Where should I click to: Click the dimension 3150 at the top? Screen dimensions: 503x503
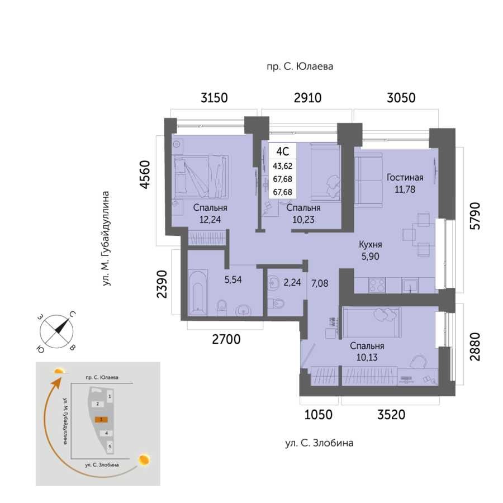214,97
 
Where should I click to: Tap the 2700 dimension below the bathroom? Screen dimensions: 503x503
226,339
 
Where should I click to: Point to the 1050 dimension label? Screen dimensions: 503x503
318,415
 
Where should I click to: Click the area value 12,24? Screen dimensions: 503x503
210,220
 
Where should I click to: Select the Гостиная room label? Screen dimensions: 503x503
405,177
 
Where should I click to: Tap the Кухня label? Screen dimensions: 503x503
370,244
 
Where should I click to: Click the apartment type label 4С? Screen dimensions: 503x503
283,151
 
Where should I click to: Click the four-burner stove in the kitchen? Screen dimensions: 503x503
377,285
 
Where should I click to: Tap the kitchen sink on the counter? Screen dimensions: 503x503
410,285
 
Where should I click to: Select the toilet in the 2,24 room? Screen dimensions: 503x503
276,303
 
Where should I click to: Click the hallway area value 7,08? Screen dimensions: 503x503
320,283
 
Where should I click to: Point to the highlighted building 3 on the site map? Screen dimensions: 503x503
101,419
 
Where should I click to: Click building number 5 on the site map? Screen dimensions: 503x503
110,446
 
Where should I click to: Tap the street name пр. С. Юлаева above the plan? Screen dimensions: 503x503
300,67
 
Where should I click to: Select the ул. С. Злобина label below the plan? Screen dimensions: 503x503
319,443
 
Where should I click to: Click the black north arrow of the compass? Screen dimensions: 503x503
61,326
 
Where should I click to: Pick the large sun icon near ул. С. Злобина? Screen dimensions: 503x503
144,460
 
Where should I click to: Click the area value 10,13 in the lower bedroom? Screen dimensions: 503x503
367,357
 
